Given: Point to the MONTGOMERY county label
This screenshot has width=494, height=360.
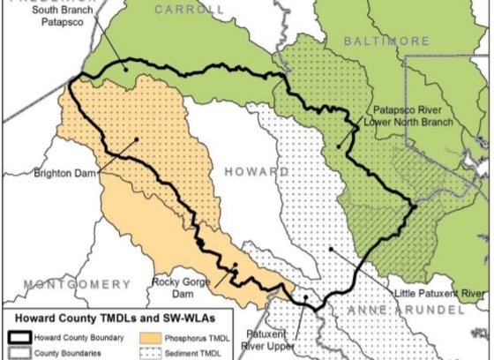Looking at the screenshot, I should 78,283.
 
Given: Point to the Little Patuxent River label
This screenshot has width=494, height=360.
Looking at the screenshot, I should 441,289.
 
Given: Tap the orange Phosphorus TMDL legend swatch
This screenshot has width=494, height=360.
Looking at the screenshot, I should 164,338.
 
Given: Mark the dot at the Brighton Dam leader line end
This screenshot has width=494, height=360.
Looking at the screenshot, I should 138,138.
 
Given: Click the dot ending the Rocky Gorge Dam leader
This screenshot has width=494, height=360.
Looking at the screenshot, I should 235,264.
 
